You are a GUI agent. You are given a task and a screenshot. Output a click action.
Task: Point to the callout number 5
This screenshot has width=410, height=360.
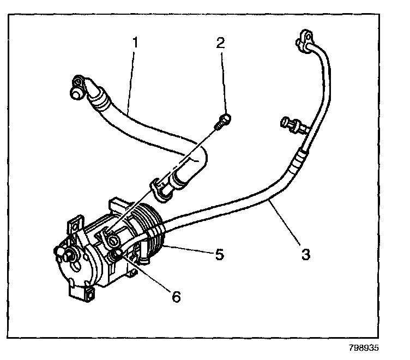219,254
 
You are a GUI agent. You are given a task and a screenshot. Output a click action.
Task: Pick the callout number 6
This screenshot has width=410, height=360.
176,296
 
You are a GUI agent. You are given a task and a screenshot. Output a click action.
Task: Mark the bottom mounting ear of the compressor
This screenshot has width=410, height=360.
85,295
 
